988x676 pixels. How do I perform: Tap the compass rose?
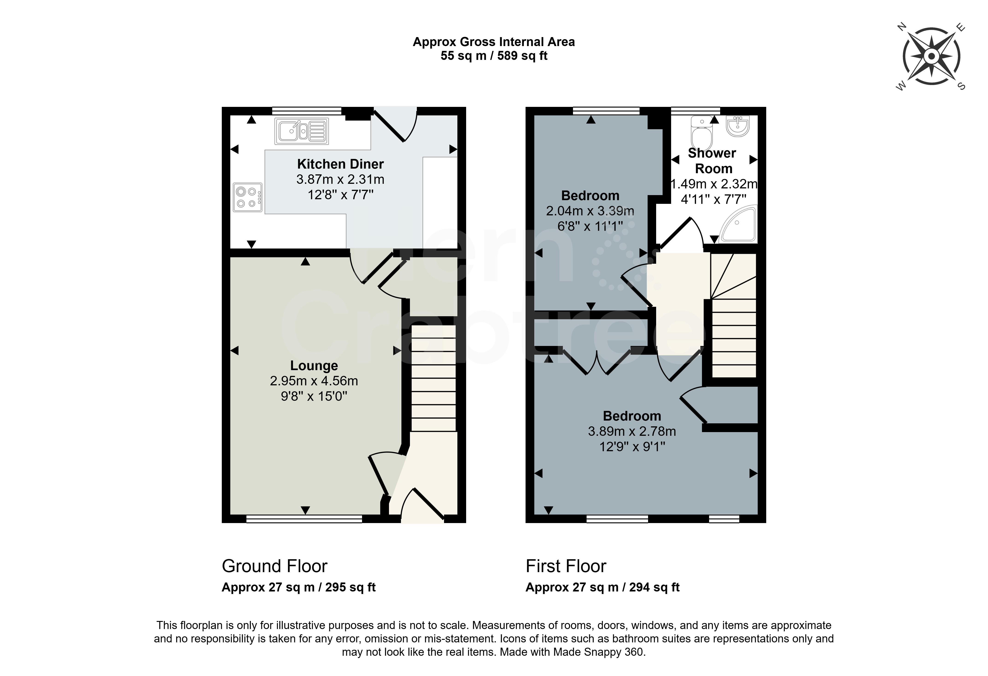point(931,57)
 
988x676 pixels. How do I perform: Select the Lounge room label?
point(314,365)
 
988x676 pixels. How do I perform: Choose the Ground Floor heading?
point(275,566)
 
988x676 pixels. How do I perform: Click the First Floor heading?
point(566,566)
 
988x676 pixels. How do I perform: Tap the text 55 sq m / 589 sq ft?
point(494,56)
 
